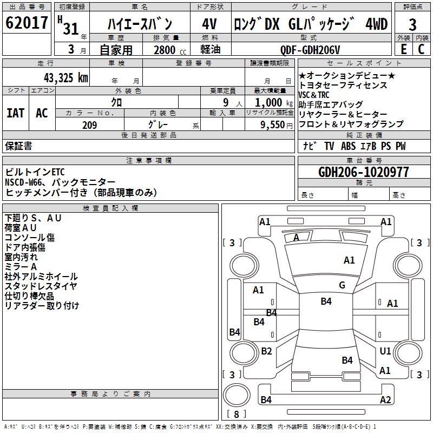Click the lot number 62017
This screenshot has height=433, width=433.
click(27, 23)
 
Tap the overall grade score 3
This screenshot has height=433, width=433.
click(412, 24)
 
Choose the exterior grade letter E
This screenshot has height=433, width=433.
click(403, 49)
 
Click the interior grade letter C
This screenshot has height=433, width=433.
click(422, 49)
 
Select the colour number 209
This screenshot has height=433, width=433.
click(89, 125)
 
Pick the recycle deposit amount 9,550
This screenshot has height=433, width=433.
click(270, 125)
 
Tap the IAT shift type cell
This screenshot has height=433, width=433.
click(15, 113)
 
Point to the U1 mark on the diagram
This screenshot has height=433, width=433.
click(385, 351)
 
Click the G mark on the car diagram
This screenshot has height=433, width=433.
click(342, 285)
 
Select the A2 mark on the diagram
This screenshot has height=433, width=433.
click(385, 400)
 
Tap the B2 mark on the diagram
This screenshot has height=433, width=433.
click(266, 351)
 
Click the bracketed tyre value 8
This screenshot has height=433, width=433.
click(236, 414)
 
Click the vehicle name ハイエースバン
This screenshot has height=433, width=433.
click(140, 24)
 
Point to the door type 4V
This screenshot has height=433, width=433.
click(209, 24)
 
